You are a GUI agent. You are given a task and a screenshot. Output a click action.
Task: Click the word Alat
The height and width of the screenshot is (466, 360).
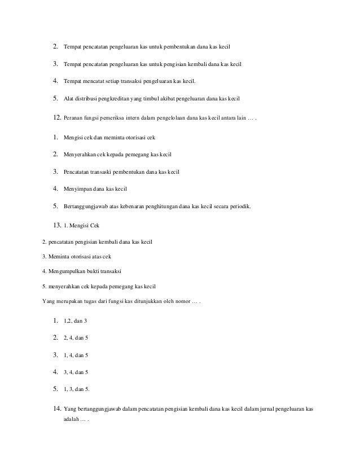(68, 99)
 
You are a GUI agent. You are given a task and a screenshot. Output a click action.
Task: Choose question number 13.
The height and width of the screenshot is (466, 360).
(56, 225)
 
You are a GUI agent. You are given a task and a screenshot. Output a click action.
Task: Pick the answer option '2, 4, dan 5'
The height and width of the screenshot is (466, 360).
(76, 338)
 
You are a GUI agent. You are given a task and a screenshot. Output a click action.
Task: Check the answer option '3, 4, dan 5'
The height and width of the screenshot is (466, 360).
(76, 372)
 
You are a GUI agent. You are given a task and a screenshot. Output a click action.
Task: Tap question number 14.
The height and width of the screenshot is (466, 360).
(56, 408)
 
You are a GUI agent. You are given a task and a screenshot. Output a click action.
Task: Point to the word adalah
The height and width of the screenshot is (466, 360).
(71, 421)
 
